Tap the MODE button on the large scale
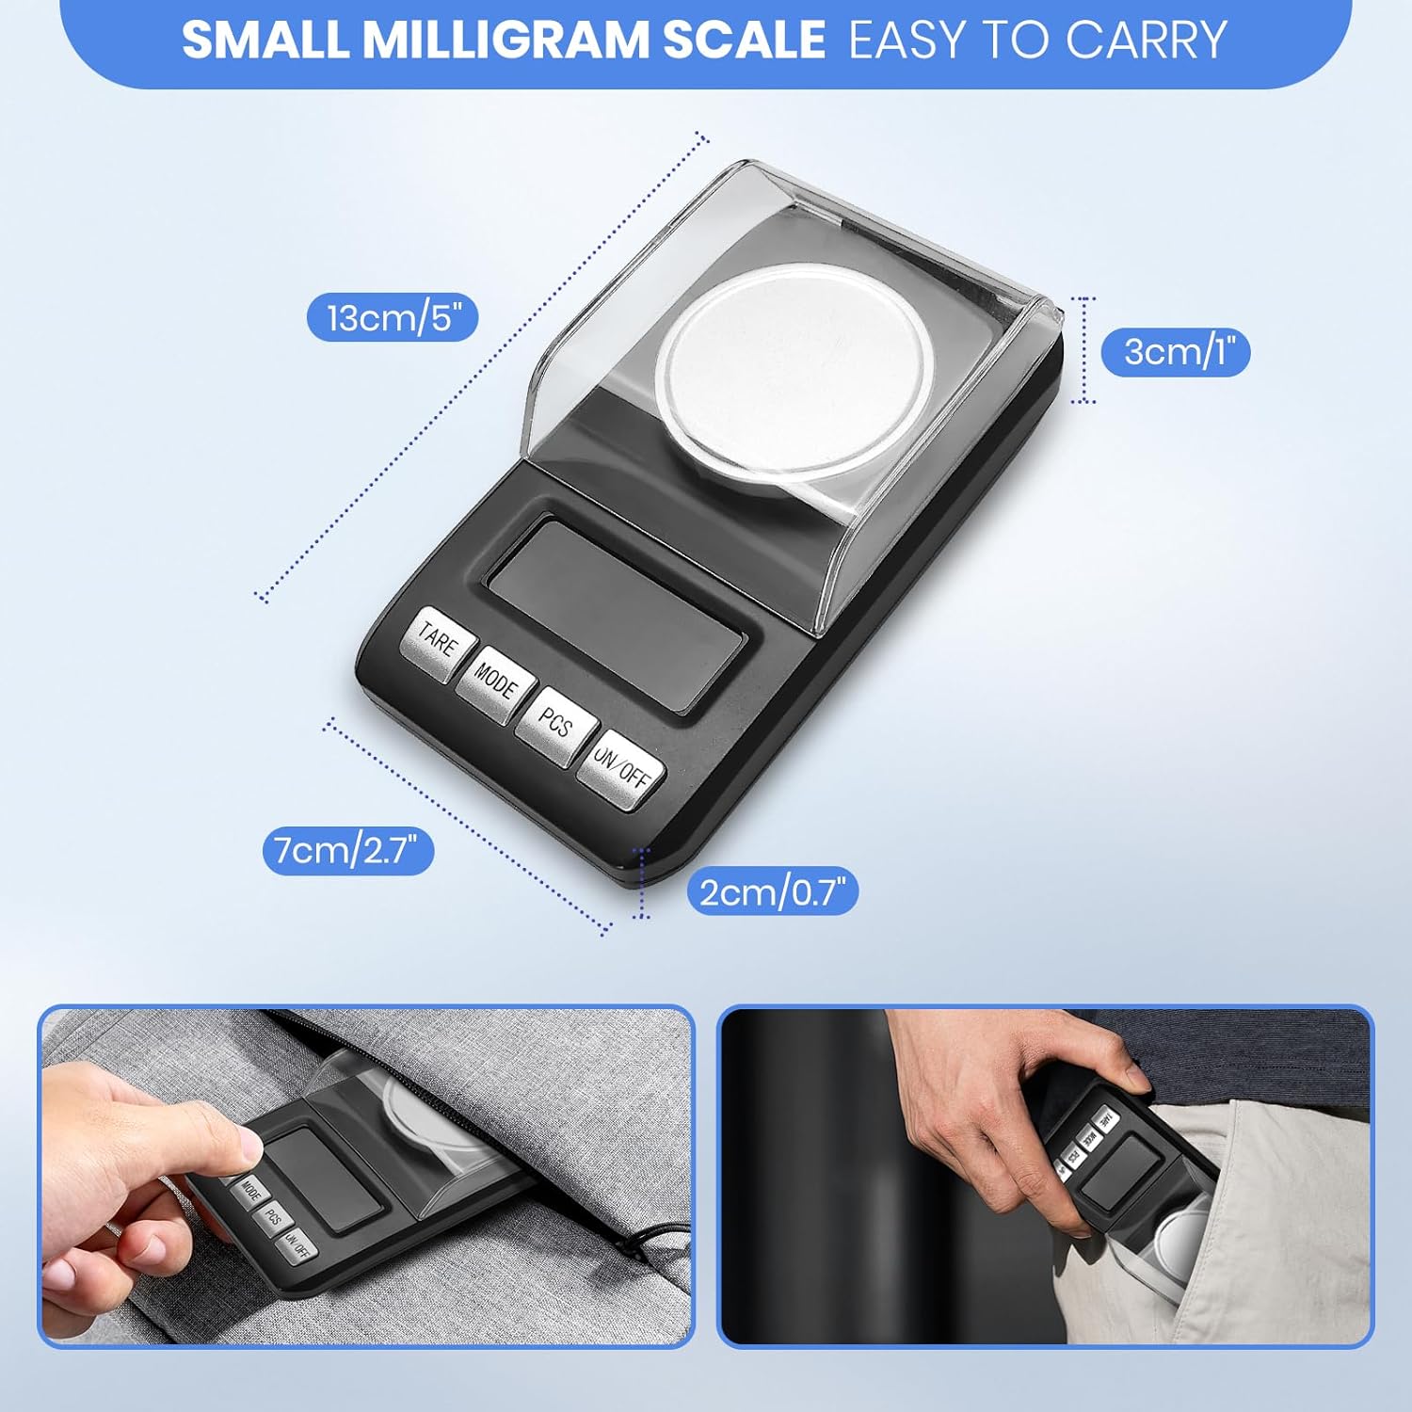click(x=495, y=682)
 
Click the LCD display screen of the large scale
click(x=616, y=614)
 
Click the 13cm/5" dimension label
click(x=393, y=317)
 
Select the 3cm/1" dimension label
click(x=1176, y=352)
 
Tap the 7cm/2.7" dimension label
click(x=347, y=850)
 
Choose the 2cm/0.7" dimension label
click(x=773, y=891)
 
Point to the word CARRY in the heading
click(x=1147, y=40)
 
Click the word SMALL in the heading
click(x=265, y=40)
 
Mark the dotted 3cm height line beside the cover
click(x=1084, y=350)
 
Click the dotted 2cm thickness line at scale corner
click(x=642, y=882)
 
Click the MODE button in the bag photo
click(x=250, y=1190)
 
